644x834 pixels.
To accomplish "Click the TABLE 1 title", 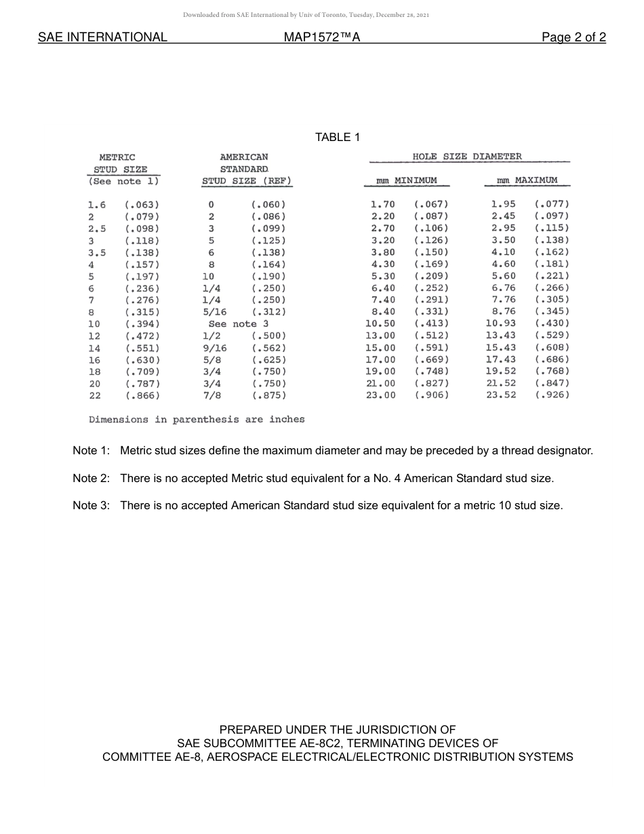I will coord(338,138).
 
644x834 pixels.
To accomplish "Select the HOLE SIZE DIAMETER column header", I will coord(467,157).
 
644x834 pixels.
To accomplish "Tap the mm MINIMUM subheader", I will coord(407,181).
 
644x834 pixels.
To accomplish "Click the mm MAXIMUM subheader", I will coord(527,180).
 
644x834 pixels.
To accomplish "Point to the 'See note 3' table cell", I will coord(239,324).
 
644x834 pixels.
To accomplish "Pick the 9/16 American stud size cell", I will coord(215,348).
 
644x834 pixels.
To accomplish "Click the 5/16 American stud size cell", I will coord(215,312).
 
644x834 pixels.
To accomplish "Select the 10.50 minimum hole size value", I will coord(380,324).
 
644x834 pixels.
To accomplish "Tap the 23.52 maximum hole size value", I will coord(501,395).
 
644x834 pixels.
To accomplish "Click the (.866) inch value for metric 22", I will coord(142,395).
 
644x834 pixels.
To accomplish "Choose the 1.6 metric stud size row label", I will coord(97,205).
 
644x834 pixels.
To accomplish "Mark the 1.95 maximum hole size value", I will coord(503,204).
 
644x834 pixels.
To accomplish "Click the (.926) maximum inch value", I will coord(552,395).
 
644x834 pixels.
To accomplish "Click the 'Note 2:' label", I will coord(91,478).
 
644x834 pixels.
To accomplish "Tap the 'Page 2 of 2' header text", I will coord(573,37).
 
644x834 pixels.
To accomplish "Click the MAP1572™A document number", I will coord(322,37).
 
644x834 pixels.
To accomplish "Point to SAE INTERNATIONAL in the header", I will coord(102,37).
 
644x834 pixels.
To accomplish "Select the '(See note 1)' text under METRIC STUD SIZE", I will coord(124,182).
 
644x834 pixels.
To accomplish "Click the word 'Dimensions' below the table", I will coord(119,420).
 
